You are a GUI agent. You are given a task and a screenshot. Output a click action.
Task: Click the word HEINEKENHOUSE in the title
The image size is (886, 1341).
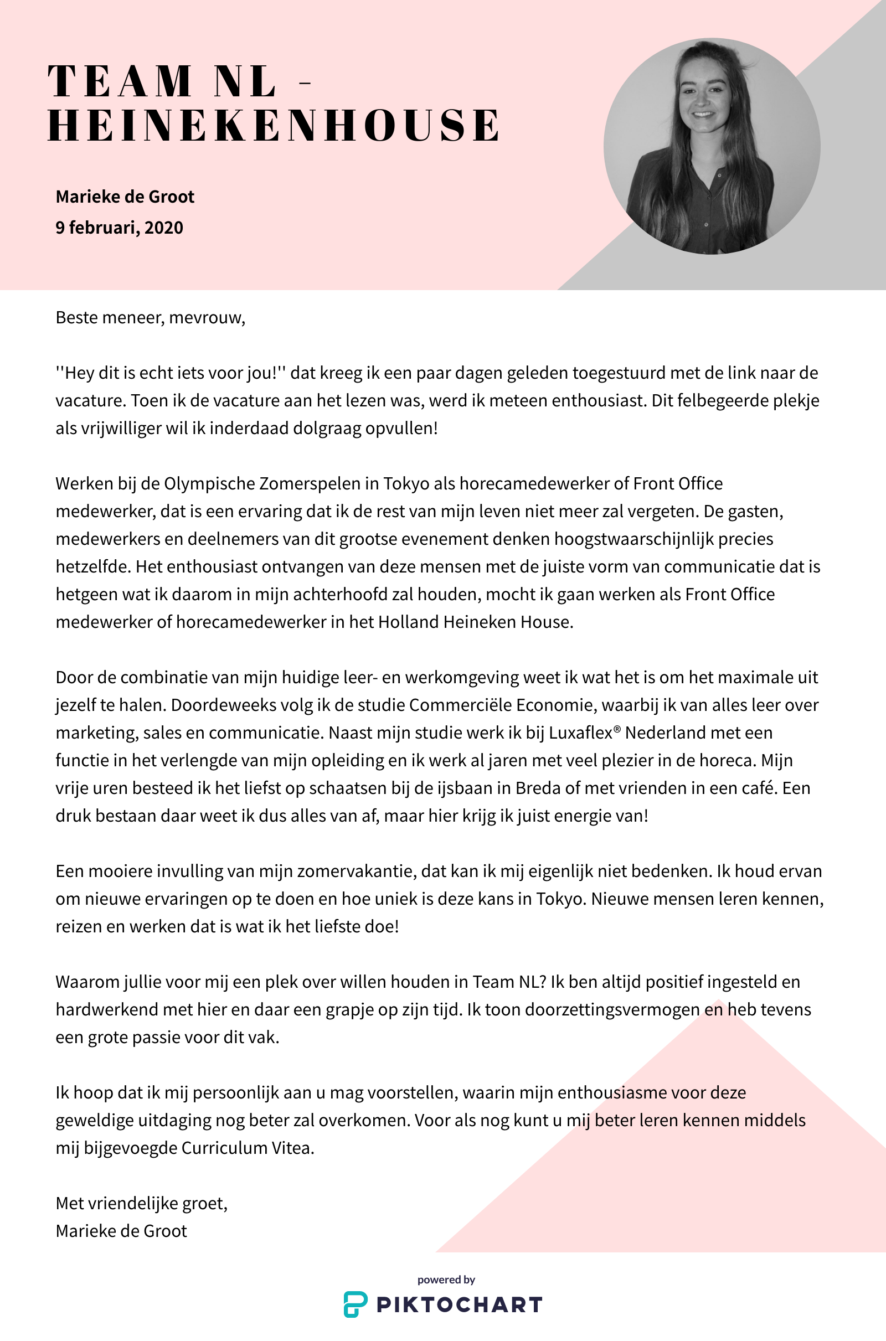click(274, 125)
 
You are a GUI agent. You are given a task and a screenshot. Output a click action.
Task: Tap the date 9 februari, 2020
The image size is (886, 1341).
click(119, 228)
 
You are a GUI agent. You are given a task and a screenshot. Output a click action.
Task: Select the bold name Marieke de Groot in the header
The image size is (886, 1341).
click(125, 197)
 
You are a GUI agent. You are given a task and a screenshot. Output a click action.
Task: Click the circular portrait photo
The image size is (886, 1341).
click(712, 146)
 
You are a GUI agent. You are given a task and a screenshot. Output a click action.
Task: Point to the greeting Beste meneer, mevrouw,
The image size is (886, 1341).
click(150, 318)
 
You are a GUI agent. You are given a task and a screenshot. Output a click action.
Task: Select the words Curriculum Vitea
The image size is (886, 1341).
click(248, 1148)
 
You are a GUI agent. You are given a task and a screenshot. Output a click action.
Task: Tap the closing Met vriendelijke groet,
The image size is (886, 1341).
click(141, 1204)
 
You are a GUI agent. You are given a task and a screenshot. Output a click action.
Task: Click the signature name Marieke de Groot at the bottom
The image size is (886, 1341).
click(121, 1231)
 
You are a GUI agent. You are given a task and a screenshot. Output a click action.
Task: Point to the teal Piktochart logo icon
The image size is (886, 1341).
click(356, 1305)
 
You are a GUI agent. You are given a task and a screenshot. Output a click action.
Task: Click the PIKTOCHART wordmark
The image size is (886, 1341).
click(459, 1306)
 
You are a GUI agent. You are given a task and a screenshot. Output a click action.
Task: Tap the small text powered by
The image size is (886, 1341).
click(446, 1280)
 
